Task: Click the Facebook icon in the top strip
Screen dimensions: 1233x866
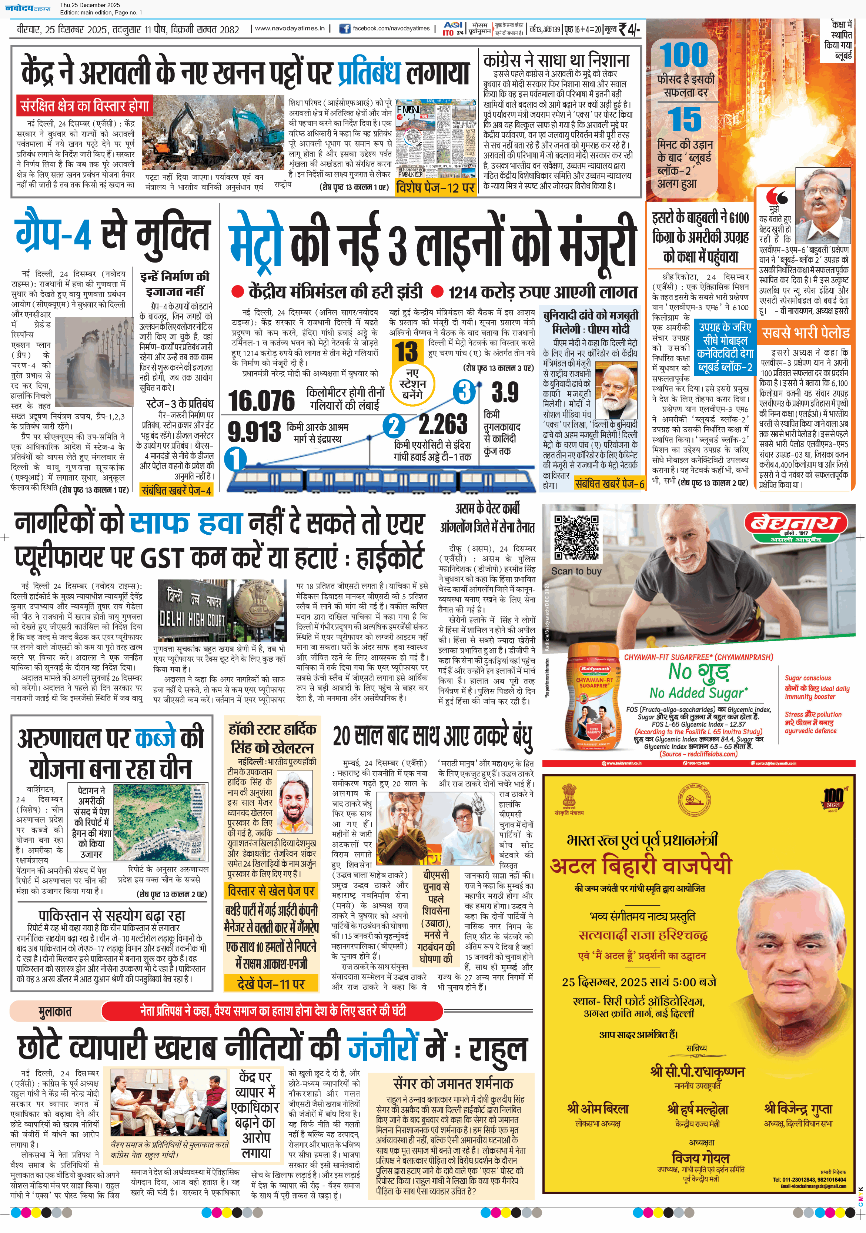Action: coord(345,29)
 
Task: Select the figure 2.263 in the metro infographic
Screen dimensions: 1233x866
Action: coord(443,424)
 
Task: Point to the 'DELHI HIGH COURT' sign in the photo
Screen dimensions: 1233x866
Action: coord(192,620)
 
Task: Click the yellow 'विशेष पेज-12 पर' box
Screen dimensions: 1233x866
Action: coord(435,187)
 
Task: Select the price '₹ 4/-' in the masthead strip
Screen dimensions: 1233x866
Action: coord(629,29)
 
